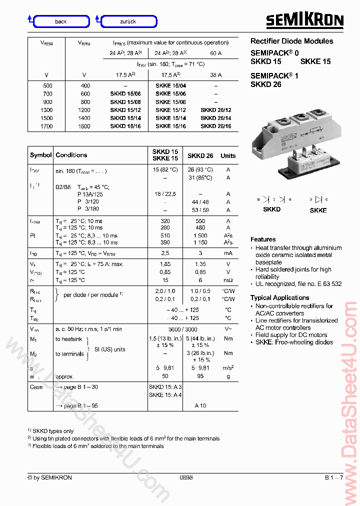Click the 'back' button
pyautogui.click(x=60, y=21)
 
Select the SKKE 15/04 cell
pyautogui.click(x=170, y=85)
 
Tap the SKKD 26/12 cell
pyautogui.click(x=215, y=110)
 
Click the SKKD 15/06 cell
pyautogui.click(x=125, y=93)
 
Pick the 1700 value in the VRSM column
pyautogui.click(x=46, y=126)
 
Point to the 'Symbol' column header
pyautogui.click(x=40, y=155)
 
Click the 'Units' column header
pyautogui.click(x=228, y=155)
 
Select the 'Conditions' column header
pyautogui.click(x=71, y=155)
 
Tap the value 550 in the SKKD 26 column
pyautogui.click(x=200, y=220)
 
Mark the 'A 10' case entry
pyautogui.click(x=200, y=406)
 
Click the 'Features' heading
pyautogui.click(x=263, y=239)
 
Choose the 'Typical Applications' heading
pyautogui.click(x=279, y=297)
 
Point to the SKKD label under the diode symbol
pyautogui.click(x=271, y=209)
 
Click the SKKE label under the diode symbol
pyautogui.click(x=318, y=210)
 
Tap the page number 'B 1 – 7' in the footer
pyautogui.click(x=333, y=477)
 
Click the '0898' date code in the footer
pyautogui.click(x=186, y=477)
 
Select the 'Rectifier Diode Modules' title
pyautogui.click(x=291, y=41)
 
